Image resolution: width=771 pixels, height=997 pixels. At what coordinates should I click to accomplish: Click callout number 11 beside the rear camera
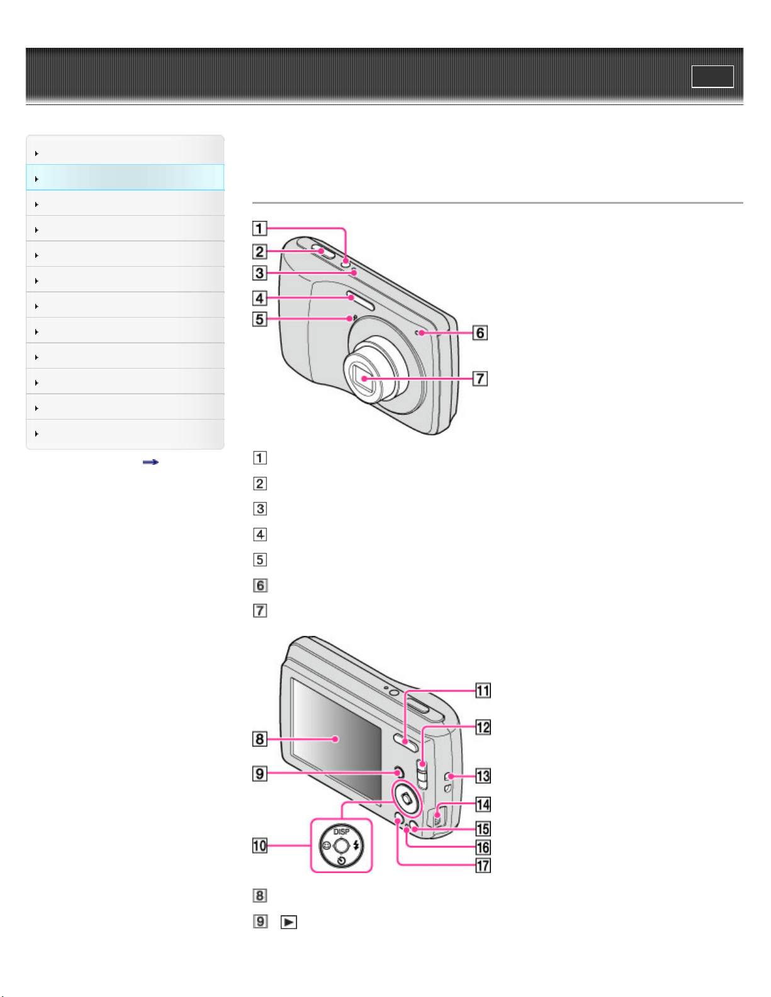coord(483,691)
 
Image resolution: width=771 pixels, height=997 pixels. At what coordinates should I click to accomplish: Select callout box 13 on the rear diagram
coord(483,776)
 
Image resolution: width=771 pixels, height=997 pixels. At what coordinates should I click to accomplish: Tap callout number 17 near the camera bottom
coord(483,866)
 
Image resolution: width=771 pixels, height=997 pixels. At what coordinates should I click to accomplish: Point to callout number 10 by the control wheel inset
coord(260,845)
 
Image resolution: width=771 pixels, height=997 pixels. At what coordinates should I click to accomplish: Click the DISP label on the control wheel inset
coord(341,832)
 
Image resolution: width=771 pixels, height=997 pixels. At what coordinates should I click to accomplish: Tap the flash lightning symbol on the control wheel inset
coord(357,845)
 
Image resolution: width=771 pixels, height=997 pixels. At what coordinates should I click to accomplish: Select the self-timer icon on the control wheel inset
coord(341,861)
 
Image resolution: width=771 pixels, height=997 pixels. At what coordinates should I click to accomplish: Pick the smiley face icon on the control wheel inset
coord(326,845)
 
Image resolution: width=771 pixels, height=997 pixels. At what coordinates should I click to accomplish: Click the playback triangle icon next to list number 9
coord(289,922)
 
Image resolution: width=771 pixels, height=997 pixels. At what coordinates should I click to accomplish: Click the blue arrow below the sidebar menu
coord(150,462)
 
